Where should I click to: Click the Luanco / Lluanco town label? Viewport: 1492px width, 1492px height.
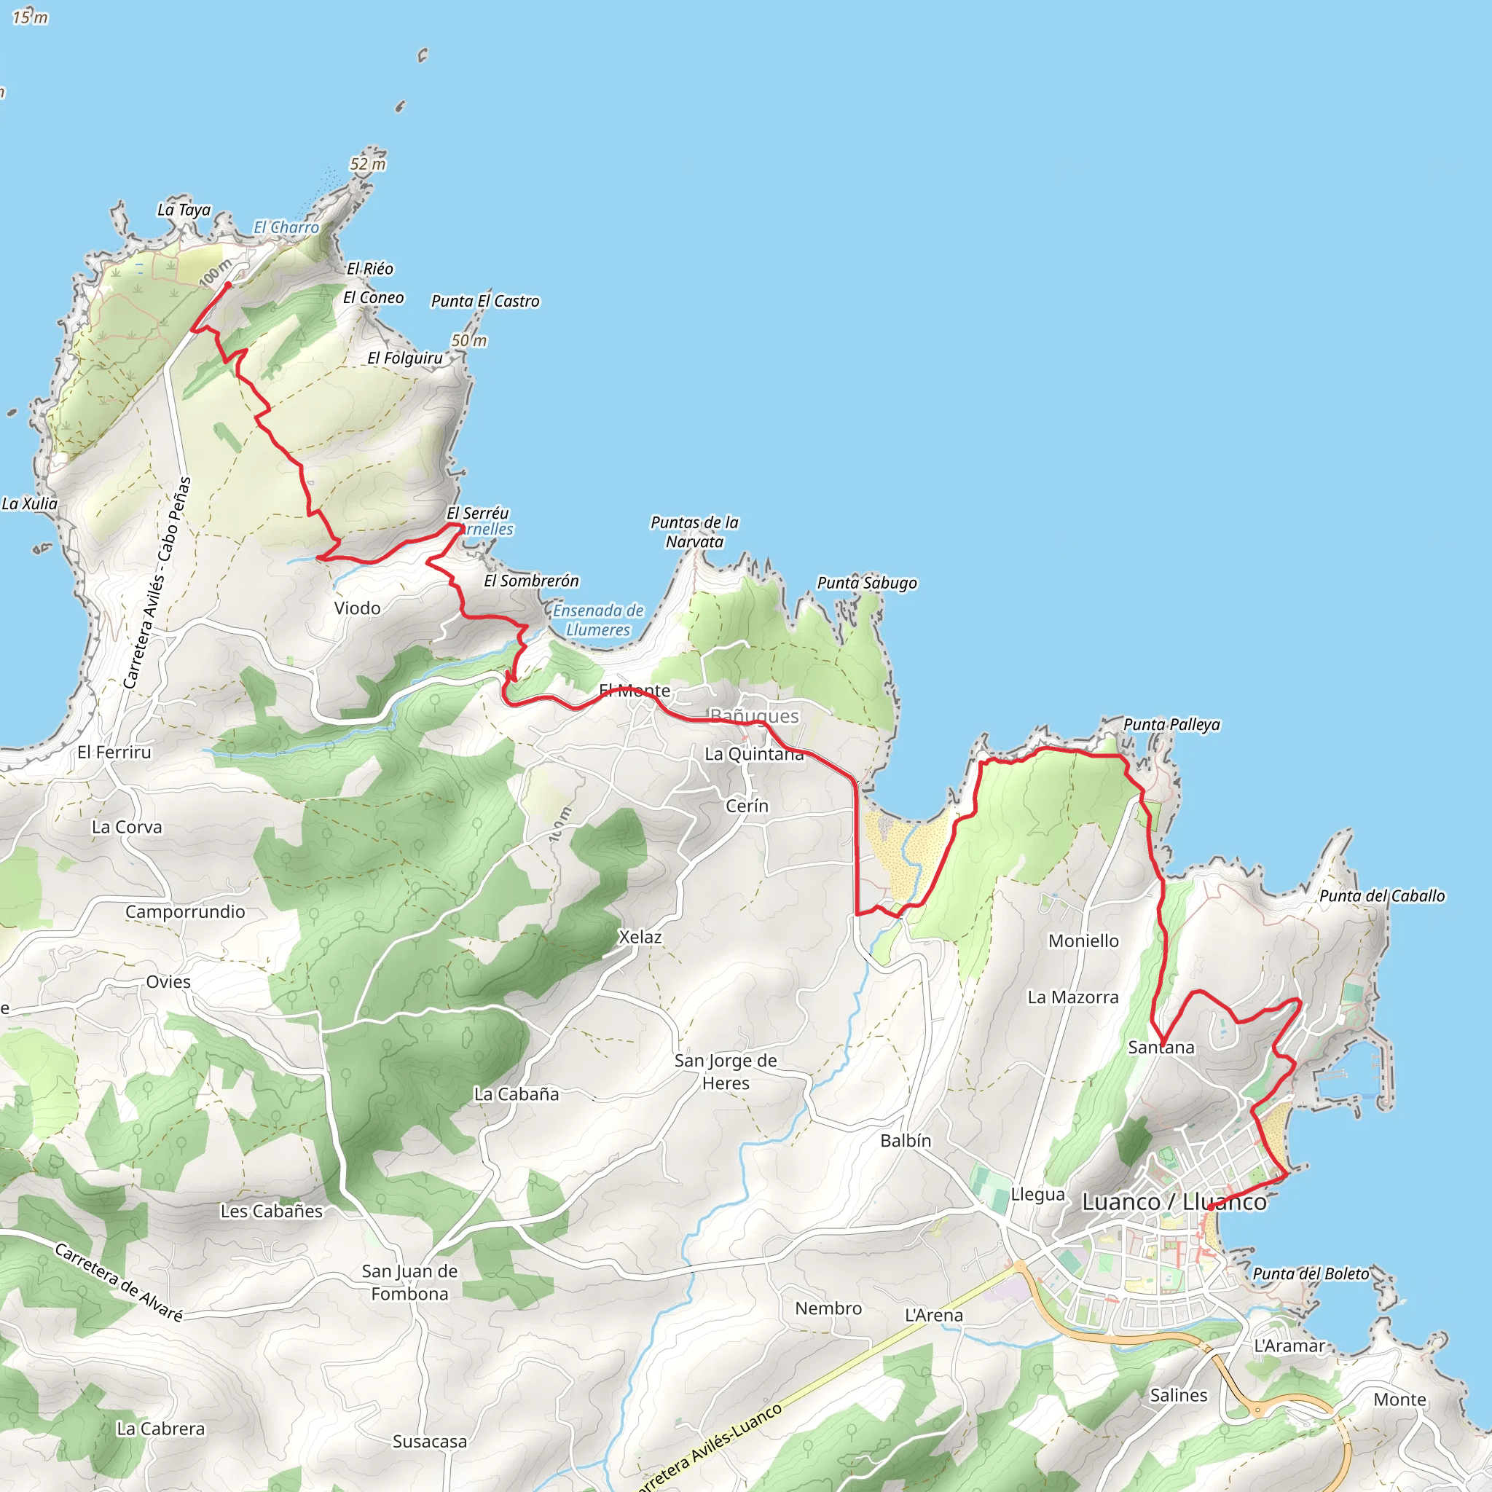click(x=1174, y=1202)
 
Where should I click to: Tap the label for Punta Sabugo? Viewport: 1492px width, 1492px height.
click(x=867, y=583)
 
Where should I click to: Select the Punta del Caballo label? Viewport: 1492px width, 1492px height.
click(x=1381, y=896)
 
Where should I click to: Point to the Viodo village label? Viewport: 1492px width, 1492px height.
click(x=358, y=608)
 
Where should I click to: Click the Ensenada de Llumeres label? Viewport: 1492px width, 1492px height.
click(x=599, y=620)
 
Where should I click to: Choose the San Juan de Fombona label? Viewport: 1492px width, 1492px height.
click(x=410, y=1283)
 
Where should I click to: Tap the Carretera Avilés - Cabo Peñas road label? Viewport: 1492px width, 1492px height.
click(x=157, y=583)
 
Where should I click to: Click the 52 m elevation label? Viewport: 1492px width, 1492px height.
click(x=368, y=164)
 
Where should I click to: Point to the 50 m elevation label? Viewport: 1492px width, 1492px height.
click(x=468, y=340)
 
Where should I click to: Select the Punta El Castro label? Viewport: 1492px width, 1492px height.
click(x=485, y=301)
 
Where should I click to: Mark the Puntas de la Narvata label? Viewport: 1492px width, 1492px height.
click(x=694, y=532)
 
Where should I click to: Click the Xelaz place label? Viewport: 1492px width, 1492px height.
click(x=640, y=937)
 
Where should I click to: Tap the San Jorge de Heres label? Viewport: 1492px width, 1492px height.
click(x=726, y=1072)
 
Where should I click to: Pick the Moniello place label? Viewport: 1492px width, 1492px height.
click(x=1083, y=941)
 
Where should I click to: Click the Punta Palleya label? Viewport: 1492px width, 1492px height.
click(x=1171, y=724)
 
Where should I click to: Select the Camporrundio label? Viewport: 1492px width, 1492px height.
click(x=185, y=912)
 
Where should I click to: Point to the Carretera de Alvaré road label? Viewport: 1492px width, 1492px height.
click(x=119, y=1282)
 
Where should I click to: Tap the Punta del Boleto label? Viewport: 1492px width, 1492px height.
click(x=1311, y=1273)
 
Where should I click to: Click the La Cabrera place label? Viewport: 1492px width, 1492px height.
click(x=160, y=1429)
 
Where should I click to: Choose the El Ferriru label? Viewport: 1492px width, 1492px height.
click(x=114, y=752)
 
